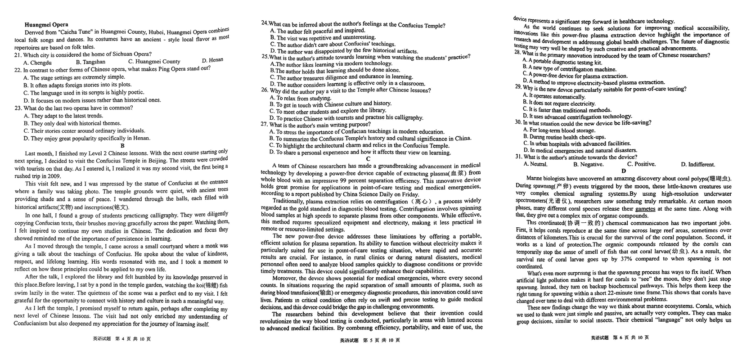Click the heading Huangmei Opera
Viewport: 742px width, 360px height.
[x=46, y=25]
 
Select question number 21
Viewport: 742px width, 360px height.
[x=18, y=55]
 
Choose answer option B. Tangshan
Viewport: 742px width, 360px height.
[x=91, y=62]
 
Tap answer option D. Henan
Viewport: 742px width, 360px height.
[x=212, y=60]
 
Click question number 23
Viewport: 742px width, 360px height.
[x=18, y=108]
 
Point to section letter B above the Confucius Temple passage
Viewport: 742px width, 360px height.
[x=122, y=146]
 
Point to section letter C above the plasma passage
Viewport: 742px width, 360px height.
[x=368, y=159]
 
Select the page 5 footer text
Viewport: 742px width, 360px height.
[x=369, y=340]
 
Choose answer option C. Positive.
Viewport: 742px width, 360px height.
[x=641, y=164]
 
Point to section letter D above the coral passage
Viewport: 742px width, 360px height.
[x=623, y=171]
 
